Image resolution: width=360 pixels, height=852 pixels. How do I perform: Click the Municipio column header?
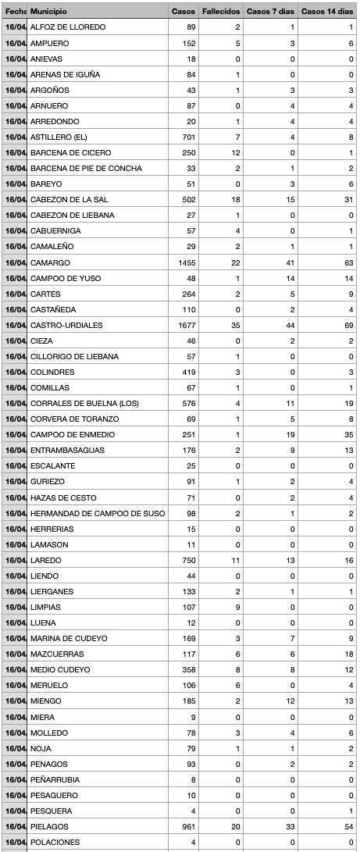(x=48, y=12)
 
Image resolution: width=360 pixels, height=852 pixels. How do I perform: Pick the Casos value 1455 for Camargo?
(x=185, y=262)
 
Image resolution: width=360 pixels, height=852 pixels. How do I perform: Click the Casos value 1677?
(x=185, y=325)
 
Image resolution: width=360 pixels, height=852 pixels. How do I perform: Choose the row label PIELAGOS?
(x=49, y=826)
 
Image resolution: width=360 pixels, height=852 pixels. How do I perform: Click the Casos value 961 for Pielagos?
(x=187, y=826)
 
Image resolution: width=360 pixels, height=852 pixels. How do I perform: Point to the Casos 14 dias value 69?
(x=348, y=325)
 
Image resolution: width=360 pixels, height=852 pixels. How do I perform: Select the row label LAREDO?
(x=45, y=560)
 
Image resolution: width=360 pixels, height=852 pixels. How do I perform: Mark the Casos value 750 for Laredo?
(x=187, y=560)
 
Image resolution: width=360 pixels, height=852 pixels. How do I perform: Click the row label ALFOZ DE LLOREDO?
(x=68, y=27)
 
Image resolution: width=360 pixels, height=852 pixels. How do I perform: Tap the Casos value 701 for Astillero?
(x=187, y=137)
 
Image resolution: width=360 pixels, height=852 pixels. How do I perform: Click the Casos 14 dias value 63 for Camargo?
(x=348, y=262)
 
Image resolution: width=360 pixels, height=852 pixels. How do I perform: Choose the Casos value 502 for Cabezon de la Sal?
(x=187, y=200)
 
